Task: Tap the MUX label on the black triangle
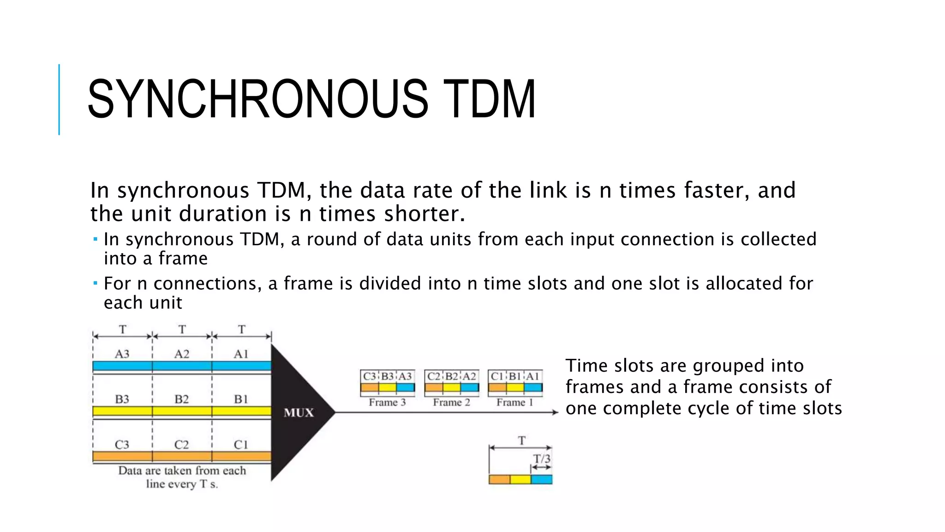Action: (299, 412)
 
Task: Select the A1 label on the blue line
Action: (241, 354)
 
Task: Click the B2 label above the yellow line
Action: (181, 399)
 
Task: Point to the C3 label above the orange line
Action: (122, 445)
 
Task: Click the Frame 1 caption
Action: (514, 402)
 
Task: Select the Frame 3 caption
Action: (387, 402)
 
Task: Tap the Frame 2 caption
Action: (451, 402)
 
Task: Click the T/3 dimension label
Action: (542, 459)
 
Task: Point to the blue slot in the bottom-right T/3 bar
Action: (542, 479)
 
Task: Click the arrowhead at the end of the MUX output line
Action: (555, 412)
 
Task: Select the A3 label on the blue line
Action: (122, 354)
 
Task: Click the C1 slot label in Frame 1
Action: (497, 376)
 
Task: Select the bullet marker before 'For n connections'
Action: (95, 283)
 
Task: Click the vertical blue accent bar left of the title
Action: (59, 99)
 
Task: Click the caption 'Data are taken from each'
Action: (182, 471)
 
